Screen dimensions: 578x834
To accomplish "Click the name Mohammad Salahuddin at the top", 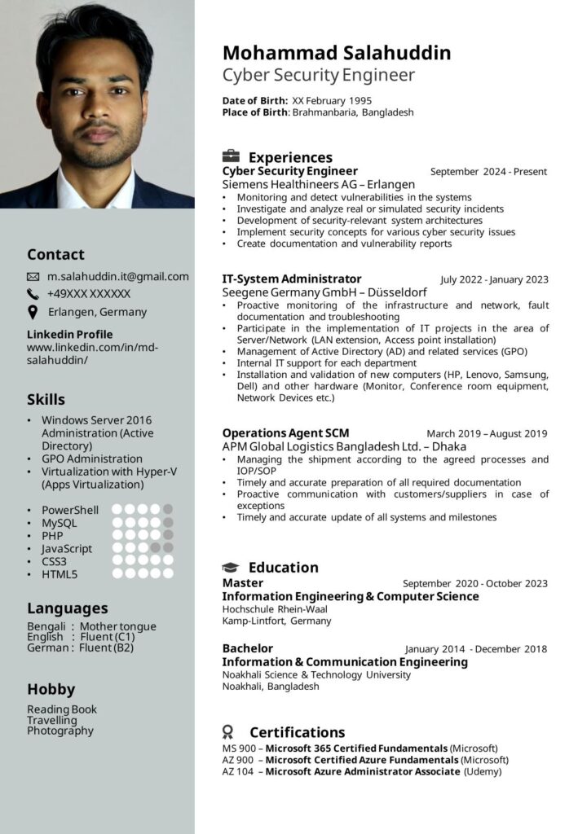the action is (x=337, y=53).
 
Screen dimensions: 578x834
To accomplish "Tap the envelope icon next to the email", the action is (x=33, y=277).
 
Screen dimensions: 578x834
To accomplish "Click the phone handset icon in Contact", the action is (x=33, y=294).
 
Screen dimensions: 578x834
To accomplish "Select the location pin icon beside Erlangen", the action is (x=33, y=312).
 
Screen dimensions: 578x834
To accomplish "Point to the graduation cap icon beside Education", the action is (x=232, y=568).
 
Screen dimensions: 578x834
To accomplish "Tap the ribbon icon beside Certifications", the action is (x=228, y=732).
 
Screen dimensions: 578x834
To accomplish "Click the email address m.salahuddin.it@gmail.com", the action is (x=117, y=277).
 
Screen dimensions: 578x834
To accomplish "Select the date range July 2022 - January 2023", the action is (x=494, y=280).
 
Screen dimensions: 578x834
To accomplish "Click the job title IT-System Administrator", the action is (x=291, y=279).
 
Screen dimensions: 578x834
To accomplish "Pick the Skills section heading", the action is (x=46, y=400).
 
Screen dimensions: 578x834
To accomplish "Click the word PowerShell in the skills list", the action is (x=70, y=510).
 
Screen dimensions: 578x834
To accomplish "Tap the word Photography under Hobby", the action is (x=60, y=731).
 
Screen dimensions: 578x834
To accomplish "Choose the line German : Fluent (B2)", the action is (x=80, y=648).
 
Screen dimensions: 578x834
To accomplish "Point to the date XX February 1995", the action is (x=332, y=100).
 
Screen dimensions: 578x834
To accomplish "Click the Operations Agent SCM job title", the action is (x=285, y=433).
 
